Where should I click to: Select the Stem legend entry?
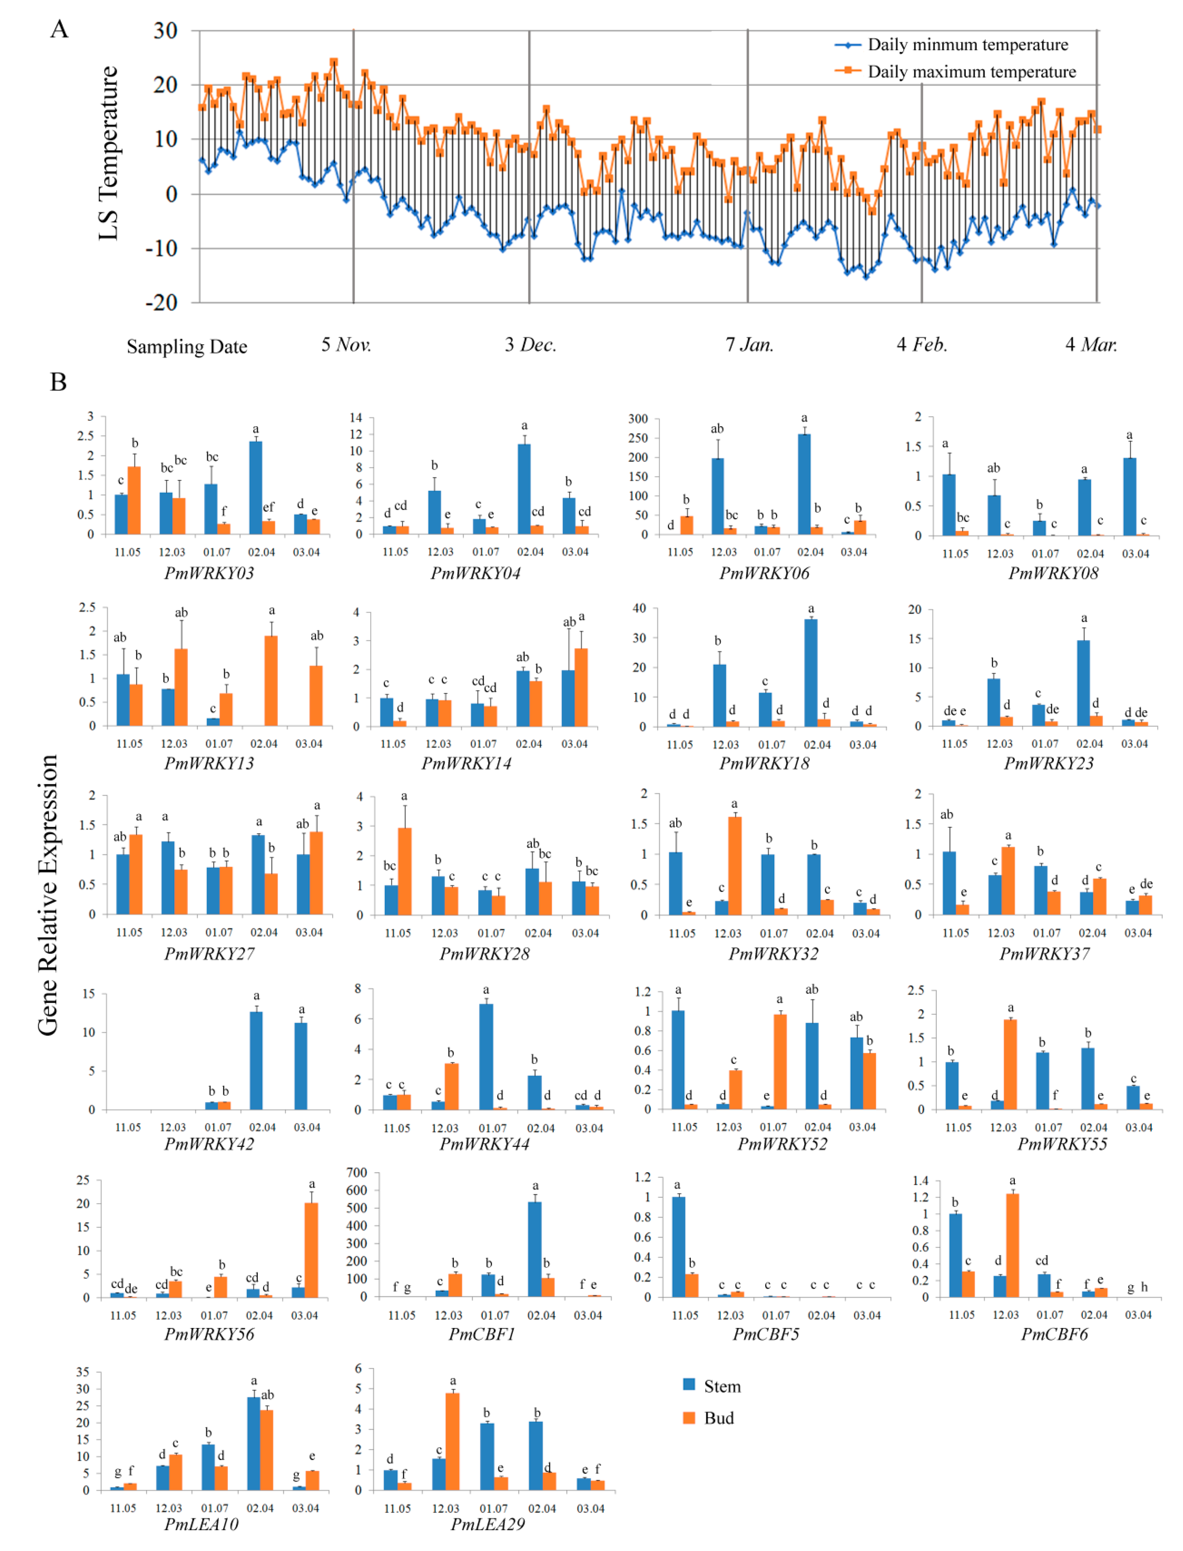[x=722, y=1386]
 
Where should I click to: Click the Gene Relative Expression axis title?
[x=48, y=894]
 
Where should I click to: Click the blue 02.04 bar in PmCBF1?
[x=535, y=1248]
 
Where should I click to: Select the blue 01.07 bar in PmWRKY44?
[x=486, y=1057]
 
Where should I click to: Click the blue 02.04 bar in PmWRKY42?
[x=256, y=1060]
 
